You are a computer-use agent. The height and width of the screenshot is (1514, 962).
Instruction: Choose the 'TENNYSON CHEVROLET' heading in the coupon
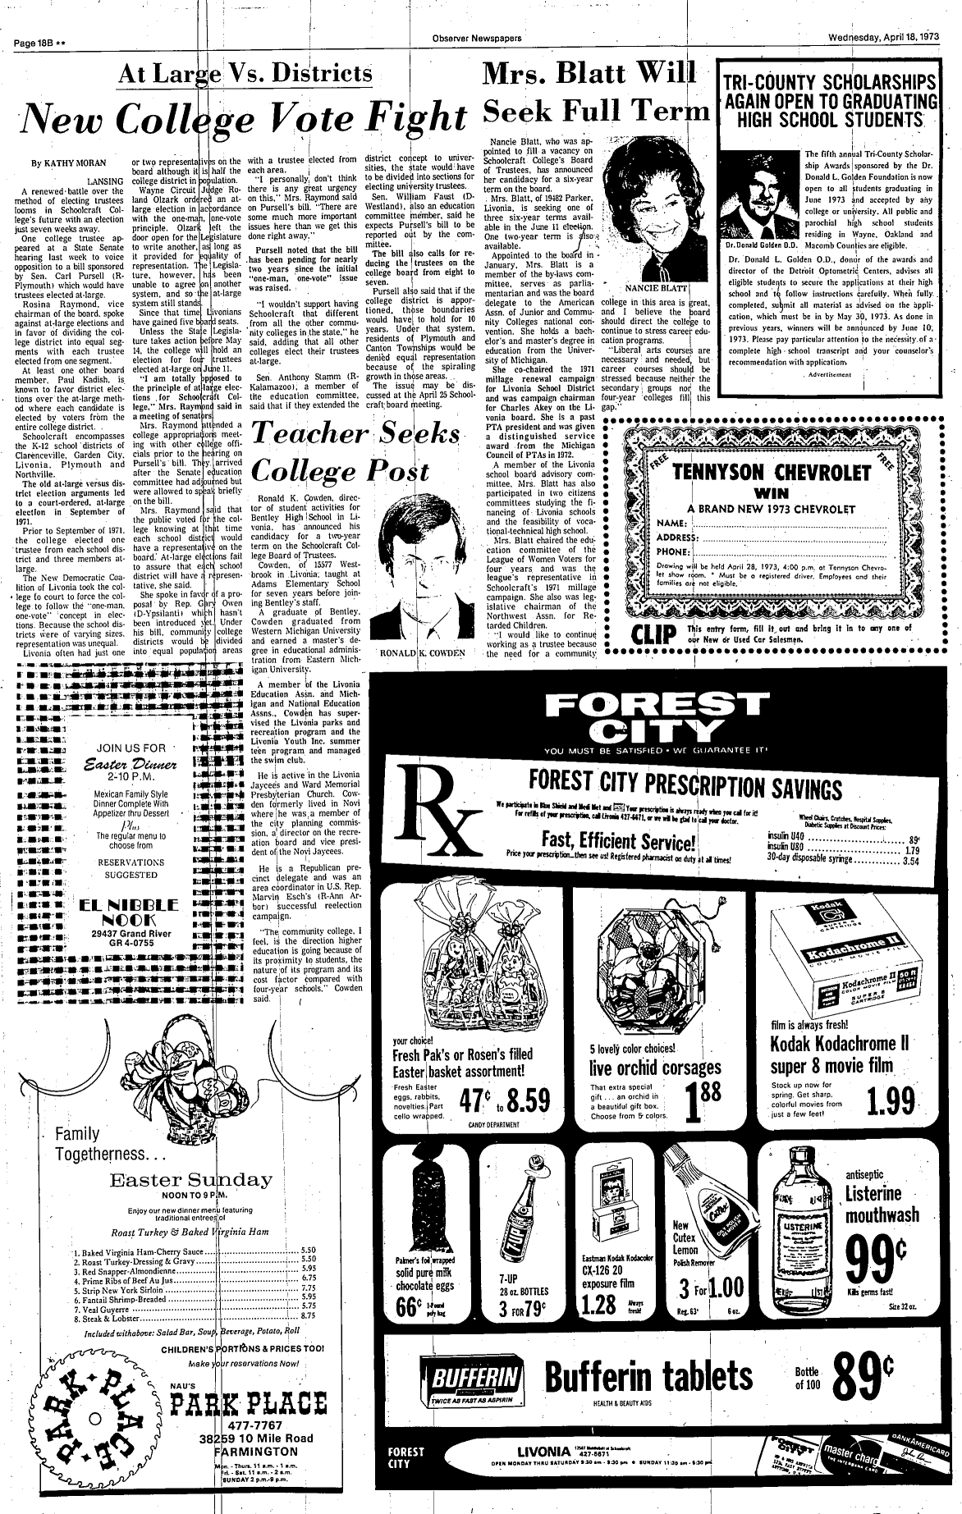[x=771, y=473]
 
